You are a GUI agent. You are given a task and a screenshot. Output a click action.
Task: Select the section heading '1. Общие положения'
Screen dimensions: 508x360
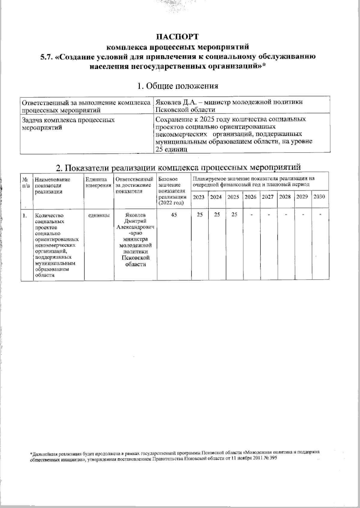(x=177, y=86)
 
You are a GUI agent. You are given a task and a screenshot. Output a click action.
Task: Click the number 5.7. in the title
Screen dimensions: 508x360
(x=47, y=57)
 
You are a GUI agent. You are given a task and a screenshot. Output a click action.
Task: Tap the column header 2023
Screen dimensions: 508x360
(x=199, y=197)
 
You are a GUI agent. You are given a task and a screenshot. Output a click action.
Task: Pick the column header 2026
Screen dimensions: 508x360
(x=250, y=197)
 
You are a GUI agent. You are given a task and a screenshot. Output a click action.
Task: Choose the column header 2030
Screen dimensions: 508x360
(x=319, y=197)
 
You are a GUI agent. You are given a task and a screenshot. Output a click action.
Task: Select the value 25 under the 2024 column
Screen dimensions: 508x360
(x=216, y=215)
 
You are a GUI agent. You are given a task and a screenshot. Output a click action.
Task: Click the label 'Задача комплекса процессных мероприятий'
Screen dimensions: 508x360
(x=68, y=124)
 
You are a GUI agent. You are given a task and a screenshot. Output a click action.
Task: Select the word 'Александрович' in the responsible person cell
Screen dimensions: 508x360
(x=136, y=227)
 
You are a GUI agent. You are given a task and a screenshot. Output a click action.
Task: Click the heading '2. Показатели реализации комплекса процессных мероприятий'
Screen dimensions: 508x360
(x=178, y=167)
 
